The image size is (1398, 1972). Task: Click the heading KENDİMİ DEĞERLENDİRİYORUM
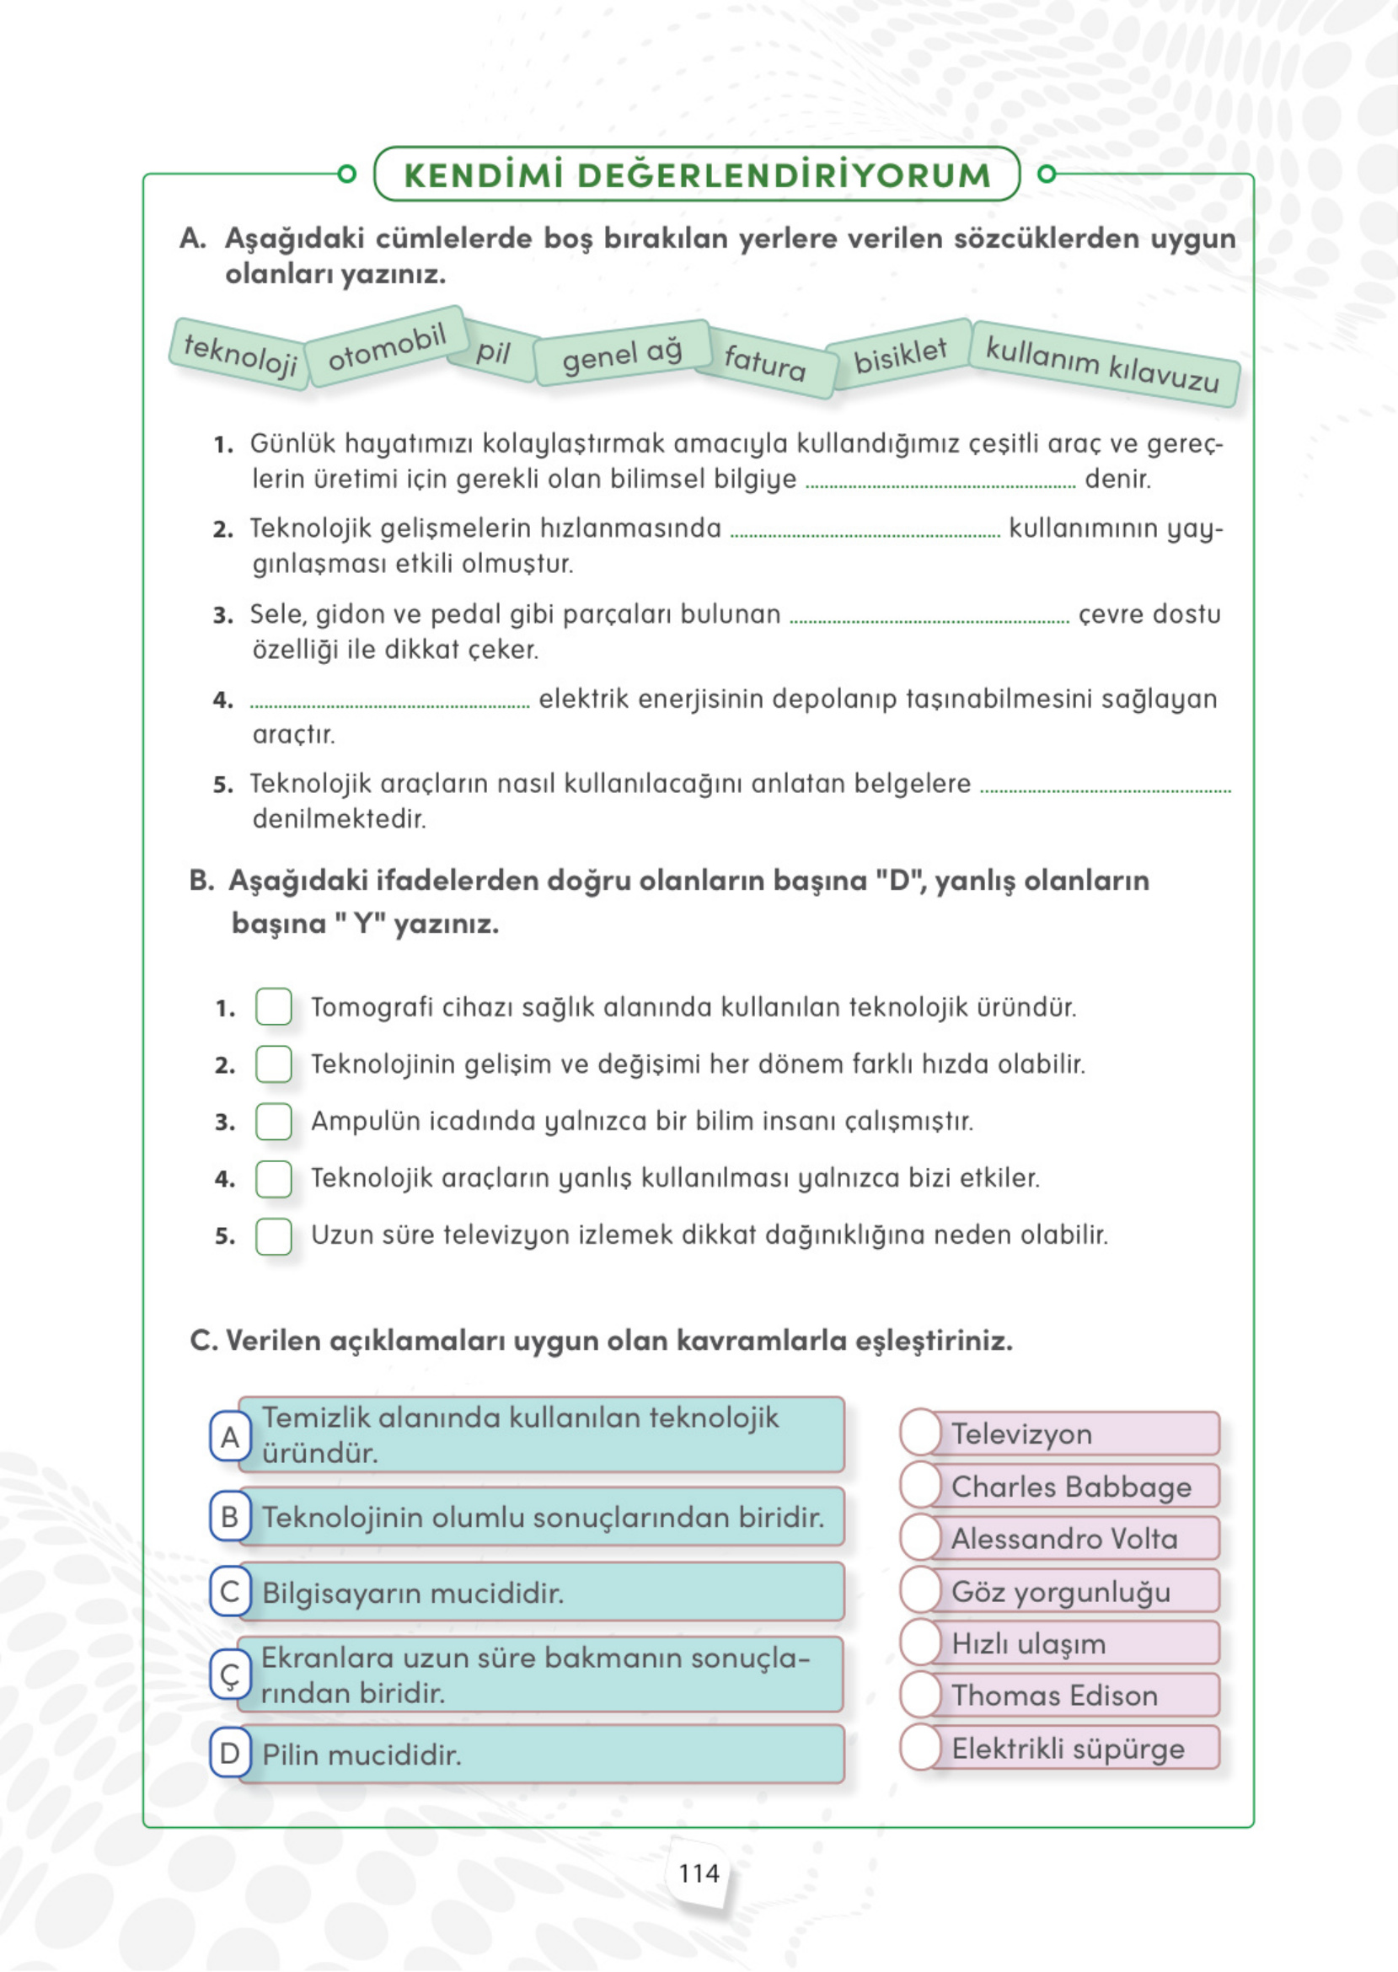(697, 174)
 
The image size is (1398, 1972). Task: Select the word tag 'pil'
(493, 352)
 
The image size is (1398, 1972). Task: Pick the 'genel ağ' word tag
(622, 354)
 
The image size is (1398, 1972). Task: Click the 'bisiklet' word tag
(900, 355)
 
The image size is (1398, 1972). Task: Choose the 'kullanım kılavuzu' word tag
(1103, 364)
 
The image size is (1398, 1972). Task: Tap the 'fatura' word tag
(765, 362)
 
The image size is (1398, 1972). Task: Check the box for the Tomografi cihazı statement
(274, 1006)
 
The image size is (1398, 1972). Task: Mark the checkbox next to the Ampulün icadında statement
(274, 1121)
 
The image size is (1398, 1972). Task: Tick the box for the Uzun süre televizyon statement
(274, 1236)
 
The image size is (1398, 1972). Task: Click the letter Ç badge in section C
(230, 1675)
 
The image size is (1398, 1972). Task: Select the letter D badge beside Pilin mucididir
(230, 1754)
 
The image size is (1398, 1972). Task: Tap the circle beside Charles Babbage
(921, 1486)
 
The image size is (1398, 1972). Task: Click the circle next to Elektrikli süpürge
(921, 1748)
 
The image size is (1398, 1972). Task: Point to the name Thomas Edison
(1054, 1696)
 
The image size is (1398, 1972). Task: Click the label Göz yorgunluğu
(1061, 1592)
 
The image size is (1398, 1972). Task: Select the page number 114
(698, 1873)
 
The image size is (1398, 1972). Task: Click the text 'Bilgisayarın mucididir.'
(412, 1594)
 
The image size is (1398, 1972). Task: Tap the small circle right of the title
(1047, 174)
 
